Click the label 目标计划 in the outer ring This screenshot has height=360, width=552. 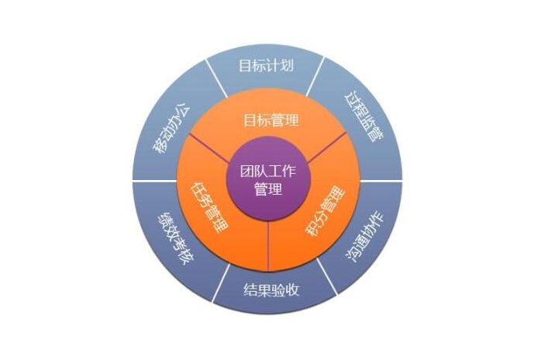[x=267, y=64]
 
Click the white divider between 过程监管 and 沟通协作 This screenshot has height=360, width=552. [x=380, y=182]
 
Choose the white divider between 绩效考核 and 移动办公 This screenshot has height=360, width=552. [x=155, y=182]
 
